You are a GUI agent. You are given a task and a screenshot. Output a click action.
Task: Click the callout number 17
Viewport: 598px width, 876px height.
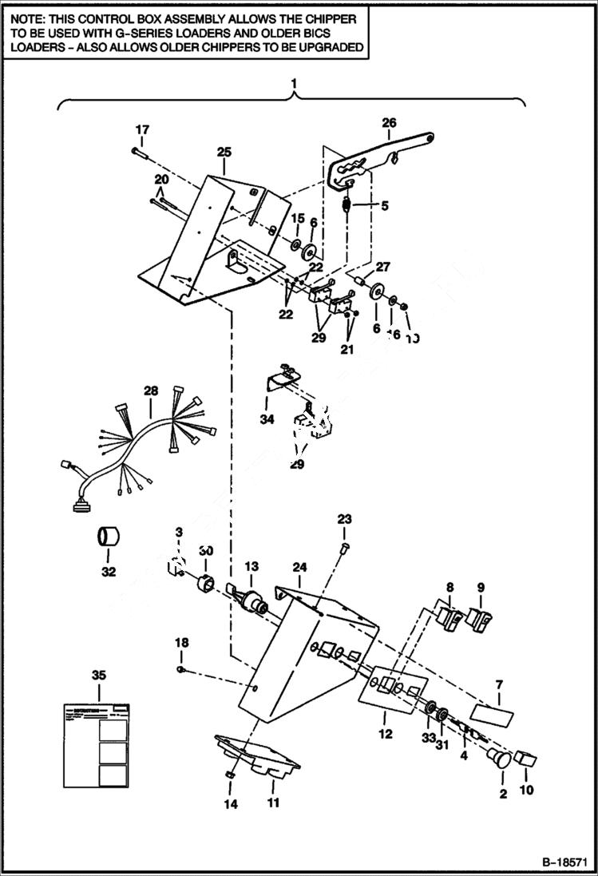click(x=141, y=129)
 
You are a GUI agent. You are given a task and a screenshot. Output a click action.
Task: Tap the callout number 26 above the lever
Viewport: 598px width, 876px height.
click(x=389, y=122)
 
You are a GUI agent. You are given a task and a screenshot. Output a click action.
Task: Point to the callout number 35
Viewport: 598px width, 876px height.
click(x=98, y=676)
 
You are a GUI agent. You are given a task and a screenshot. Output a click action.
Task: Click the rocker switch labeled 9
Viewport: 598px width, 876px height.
click(x=480, y=618)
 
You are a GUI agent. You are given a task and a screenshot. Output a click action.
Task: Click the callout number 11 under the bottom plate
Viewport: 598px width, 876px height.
click(x=273, y=803)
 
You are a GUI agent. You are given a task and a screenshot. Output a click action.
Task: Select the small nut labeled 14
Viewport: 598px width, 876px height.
click(x=229, y=775)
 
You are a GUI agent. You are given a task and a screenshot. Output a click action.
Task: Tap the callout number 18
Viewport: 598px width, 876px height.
click(x=182, y=642)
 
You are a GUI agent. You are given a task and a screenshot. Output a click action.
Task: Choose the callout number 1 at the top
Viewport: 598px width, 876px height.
click(x=294, y=83)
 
